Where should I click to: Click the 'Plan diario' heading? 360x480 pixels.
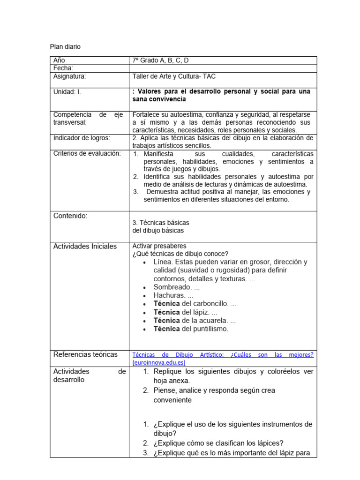[65, 46]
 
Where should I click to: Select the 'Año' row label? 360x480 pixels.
[60, 60]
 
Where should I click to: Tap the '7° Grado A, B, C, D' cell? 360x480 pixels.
[161, 60]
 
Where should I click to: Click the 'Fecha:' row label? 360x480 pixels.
[63, 68]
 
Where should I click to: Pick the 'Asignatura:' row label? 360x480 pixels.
[70, 76]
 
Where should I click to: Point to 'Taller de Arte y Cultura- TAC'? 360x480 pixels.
[174, 76]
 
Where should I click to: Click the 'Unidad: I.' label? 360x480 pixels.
[67, 92]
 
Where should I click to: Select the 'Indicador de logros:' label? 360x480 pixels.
[82, 138]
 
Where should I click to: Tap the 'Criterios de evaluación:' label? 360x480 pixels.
[87, 154]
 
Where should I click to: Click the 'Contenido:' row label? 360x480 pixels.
[71, 216]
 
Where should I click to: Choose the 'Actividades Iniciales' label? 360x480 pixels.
[85, 246]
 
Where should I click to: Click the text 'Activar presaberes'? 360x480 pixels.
[159, 246]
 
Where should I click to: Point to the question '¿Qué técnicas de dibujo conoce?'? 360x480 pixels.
[180, 254]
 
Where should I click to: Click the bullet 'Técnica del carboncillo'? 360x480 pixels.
[195, 304]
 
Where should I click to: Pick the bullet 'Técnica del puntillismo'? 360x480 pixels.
[191, 329]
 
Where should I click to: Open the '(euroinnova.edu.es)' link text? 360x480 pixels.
[159, 362]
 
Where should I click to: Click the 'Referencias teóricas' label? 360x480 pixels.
[85, 354]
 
